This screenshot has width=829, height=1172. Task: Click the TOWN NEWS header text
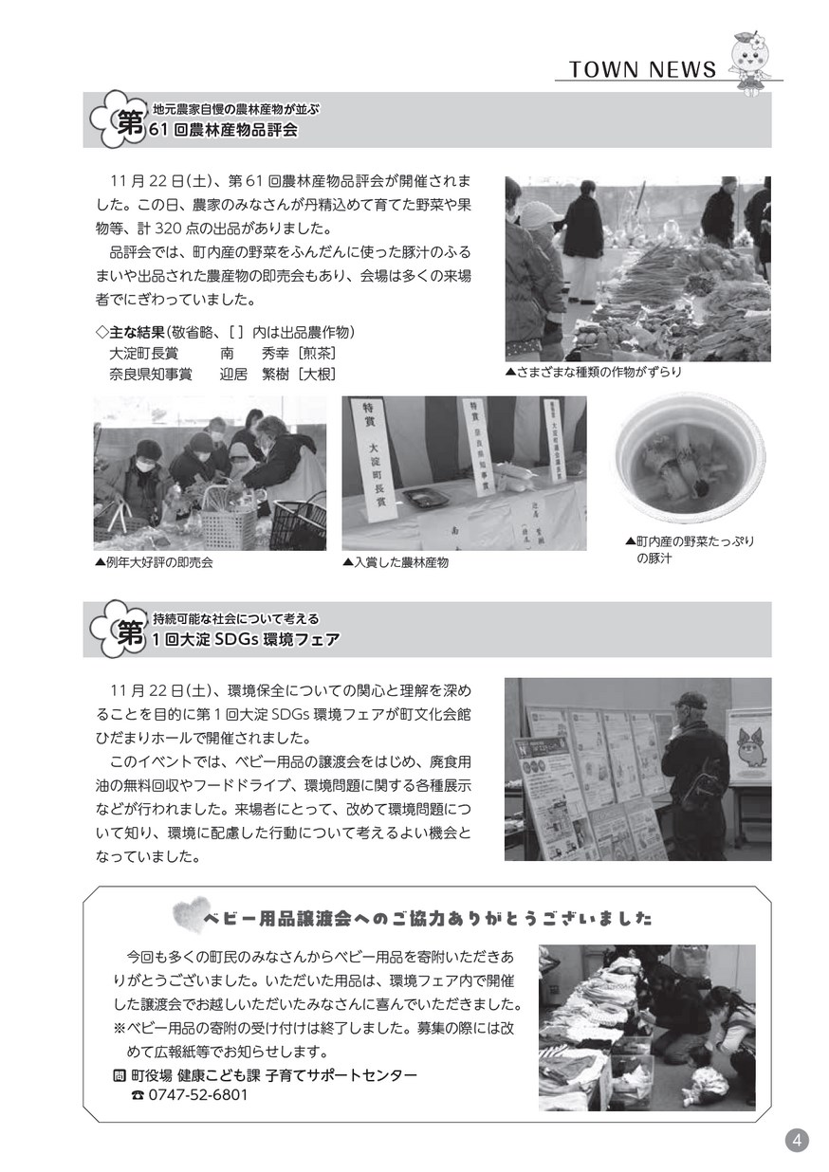pyautogui.click(x=642, y=69)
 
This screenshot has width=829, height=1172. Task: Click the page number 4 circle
pyautogui.click(x=797, y=1140)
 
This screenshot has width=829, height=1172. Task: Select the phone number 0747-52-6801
pyautogui.click(x=198, y=1094)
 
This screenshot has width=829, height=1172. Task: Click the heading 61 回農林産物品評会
pyautogui.click(x=223, y=130)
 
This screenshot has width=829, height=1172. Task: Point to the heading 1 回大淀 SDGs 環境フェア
pyautogui.click(x=246, y=639)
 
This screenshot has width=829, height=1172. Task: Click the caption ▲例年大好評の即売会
pyautogui.click(x=154, y=562)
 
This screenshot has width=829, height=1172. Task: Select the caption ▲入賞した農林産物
pyautogui.click(x=396, y=562)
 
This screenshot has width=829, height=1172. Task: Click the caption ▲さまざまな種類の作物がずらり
pyautogui.click(x=594, y=372)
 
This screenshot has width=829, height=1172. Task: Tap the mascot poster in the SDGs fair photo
pyautogui.click(x=751, y=746)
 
